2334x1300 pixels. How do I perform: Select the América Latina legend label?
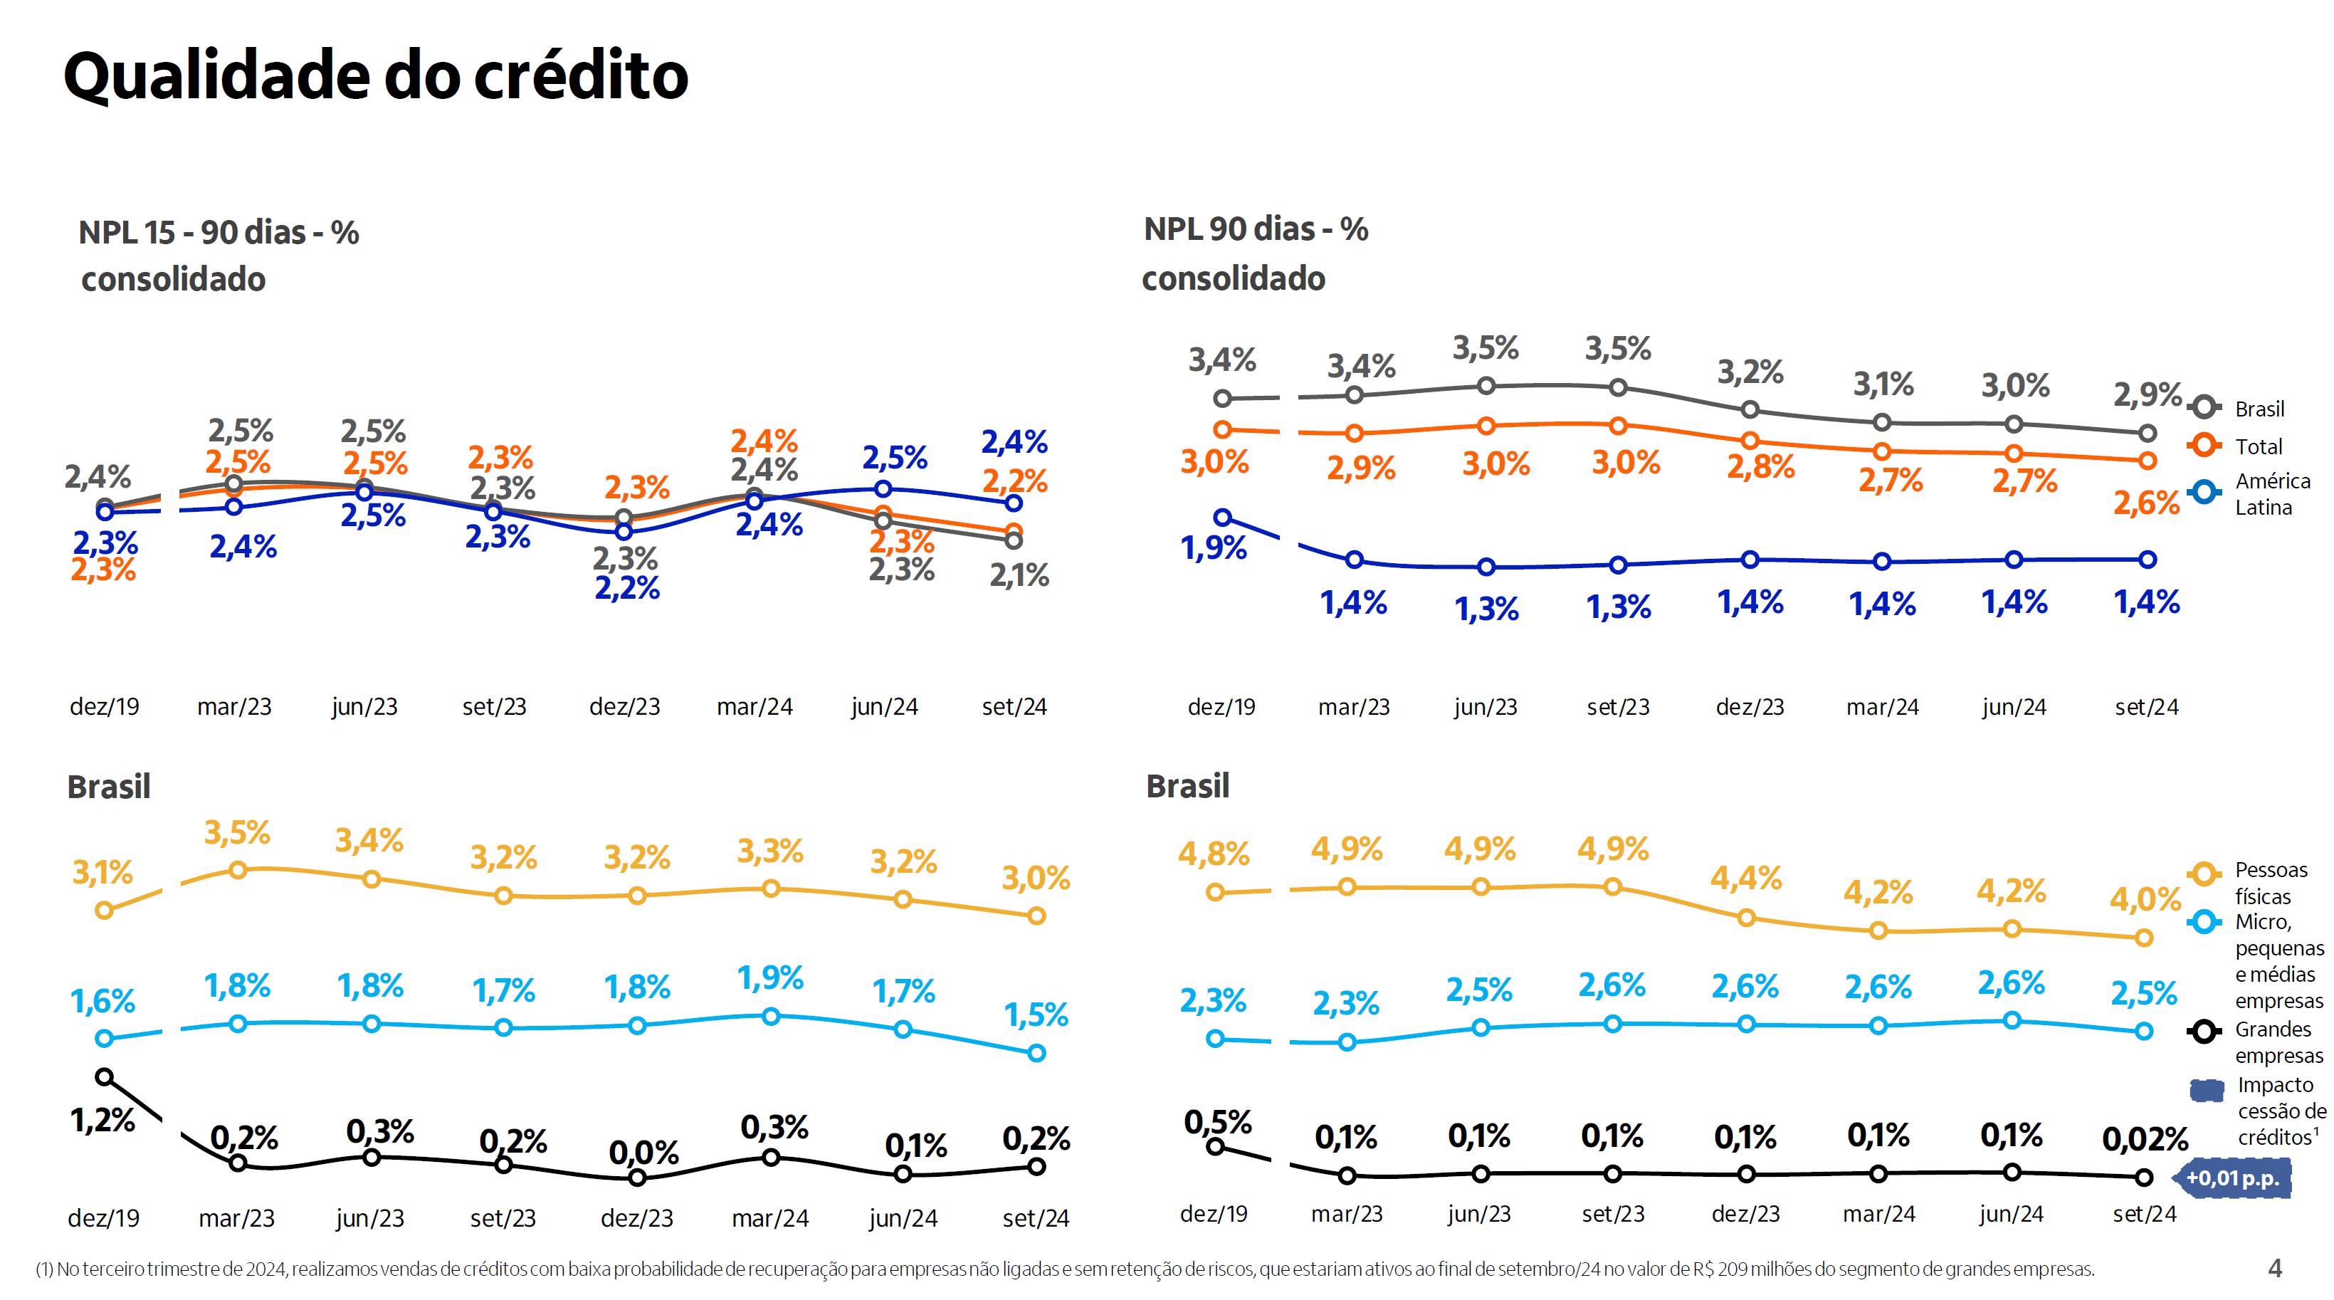pyautogui.click(x=2272, y=493)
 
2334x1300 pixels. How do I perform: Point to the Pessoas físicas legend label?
pyautogui.click(x=2271, y=882)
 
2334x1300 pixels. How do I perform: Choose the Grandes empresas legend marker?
pyautogui.click(x=2204, y=1031)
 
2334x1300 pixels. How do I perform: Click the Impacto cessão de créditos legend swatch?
pyautogui.click(x=2207, y=1090)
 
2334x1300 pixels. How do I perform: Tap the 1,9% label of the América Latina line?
pyautogui.click(x=1213, y=548)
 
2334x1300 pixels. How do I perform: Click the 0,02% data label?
pyautogui.click(x=2145, y=1138)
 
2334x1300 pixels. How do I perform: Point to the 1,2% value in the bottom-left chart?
pyautogui.click(x=102, y=1121)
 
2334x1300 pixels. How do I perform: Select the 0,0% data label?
pyautogui.click(x=643, y=1153)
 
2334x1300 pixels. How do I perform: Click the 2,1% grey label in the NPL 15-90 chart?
pyautogui.click(x=1019, y=575)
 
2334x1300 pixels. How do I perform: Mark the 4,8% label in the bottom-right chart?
pyautogui.click(x=1213, y=854)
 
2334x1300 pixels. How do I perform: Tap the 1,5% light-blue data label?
pyautogui.click(x=1036, y=1015)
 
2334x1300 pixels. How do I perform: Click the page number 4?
pyautogui.click(x=2274, y=1268)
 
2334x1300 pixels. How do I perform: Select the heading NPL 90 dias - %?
pyautogui.click(x=1256, y=229)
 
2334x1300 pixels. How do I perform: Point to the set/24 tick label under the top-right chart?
pyautogui.click(x=2147, y=708)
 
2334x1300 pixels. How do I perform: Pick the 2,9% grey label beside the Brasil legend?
pyautogui.click(x=2147, y=395)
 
